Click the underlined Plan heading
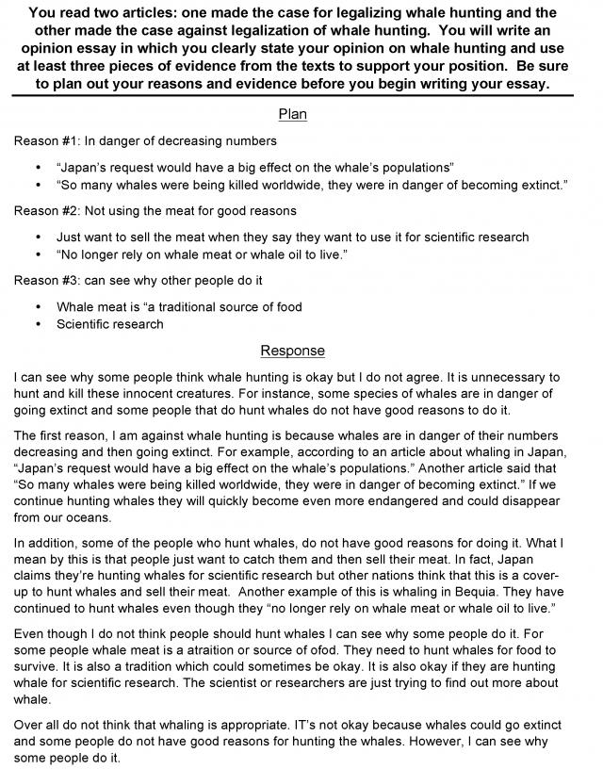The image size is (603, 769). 292,115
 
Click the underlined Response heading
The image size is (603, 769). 292,351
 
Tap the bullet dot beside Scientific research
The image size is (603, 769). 38,324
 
